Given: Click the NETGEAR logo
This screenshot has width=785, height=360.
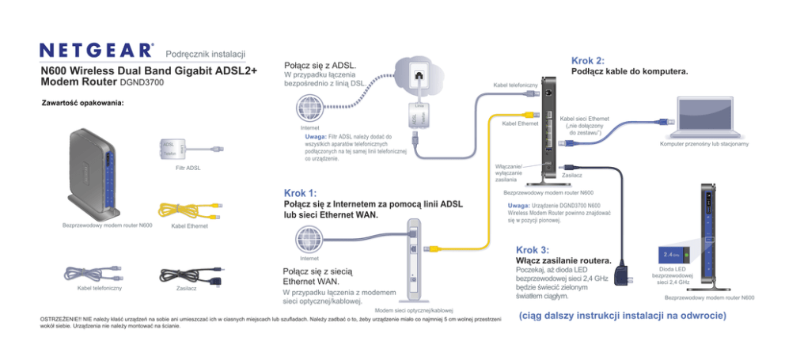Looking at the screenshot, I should pos(97,51).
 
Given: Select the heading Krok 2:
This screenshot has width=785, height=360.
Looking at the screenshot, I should pos(587,61).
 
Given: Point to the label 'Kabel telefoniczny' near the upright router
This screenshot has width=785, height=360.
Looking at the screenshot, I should pos(515,84).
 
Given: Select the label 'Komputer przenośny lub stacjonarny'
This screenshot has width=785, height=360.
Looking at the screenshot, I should pos(699,145).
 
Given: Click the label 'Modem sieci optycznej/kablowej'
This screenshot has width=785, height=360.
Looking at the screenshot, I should pos(413,310).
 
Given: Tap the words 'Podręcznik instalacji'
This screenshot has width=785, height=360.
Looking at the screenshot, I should pos(206,53).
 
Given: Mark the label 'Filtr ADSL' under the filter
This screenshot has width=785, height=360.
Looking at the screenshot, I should pos(188,168).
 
